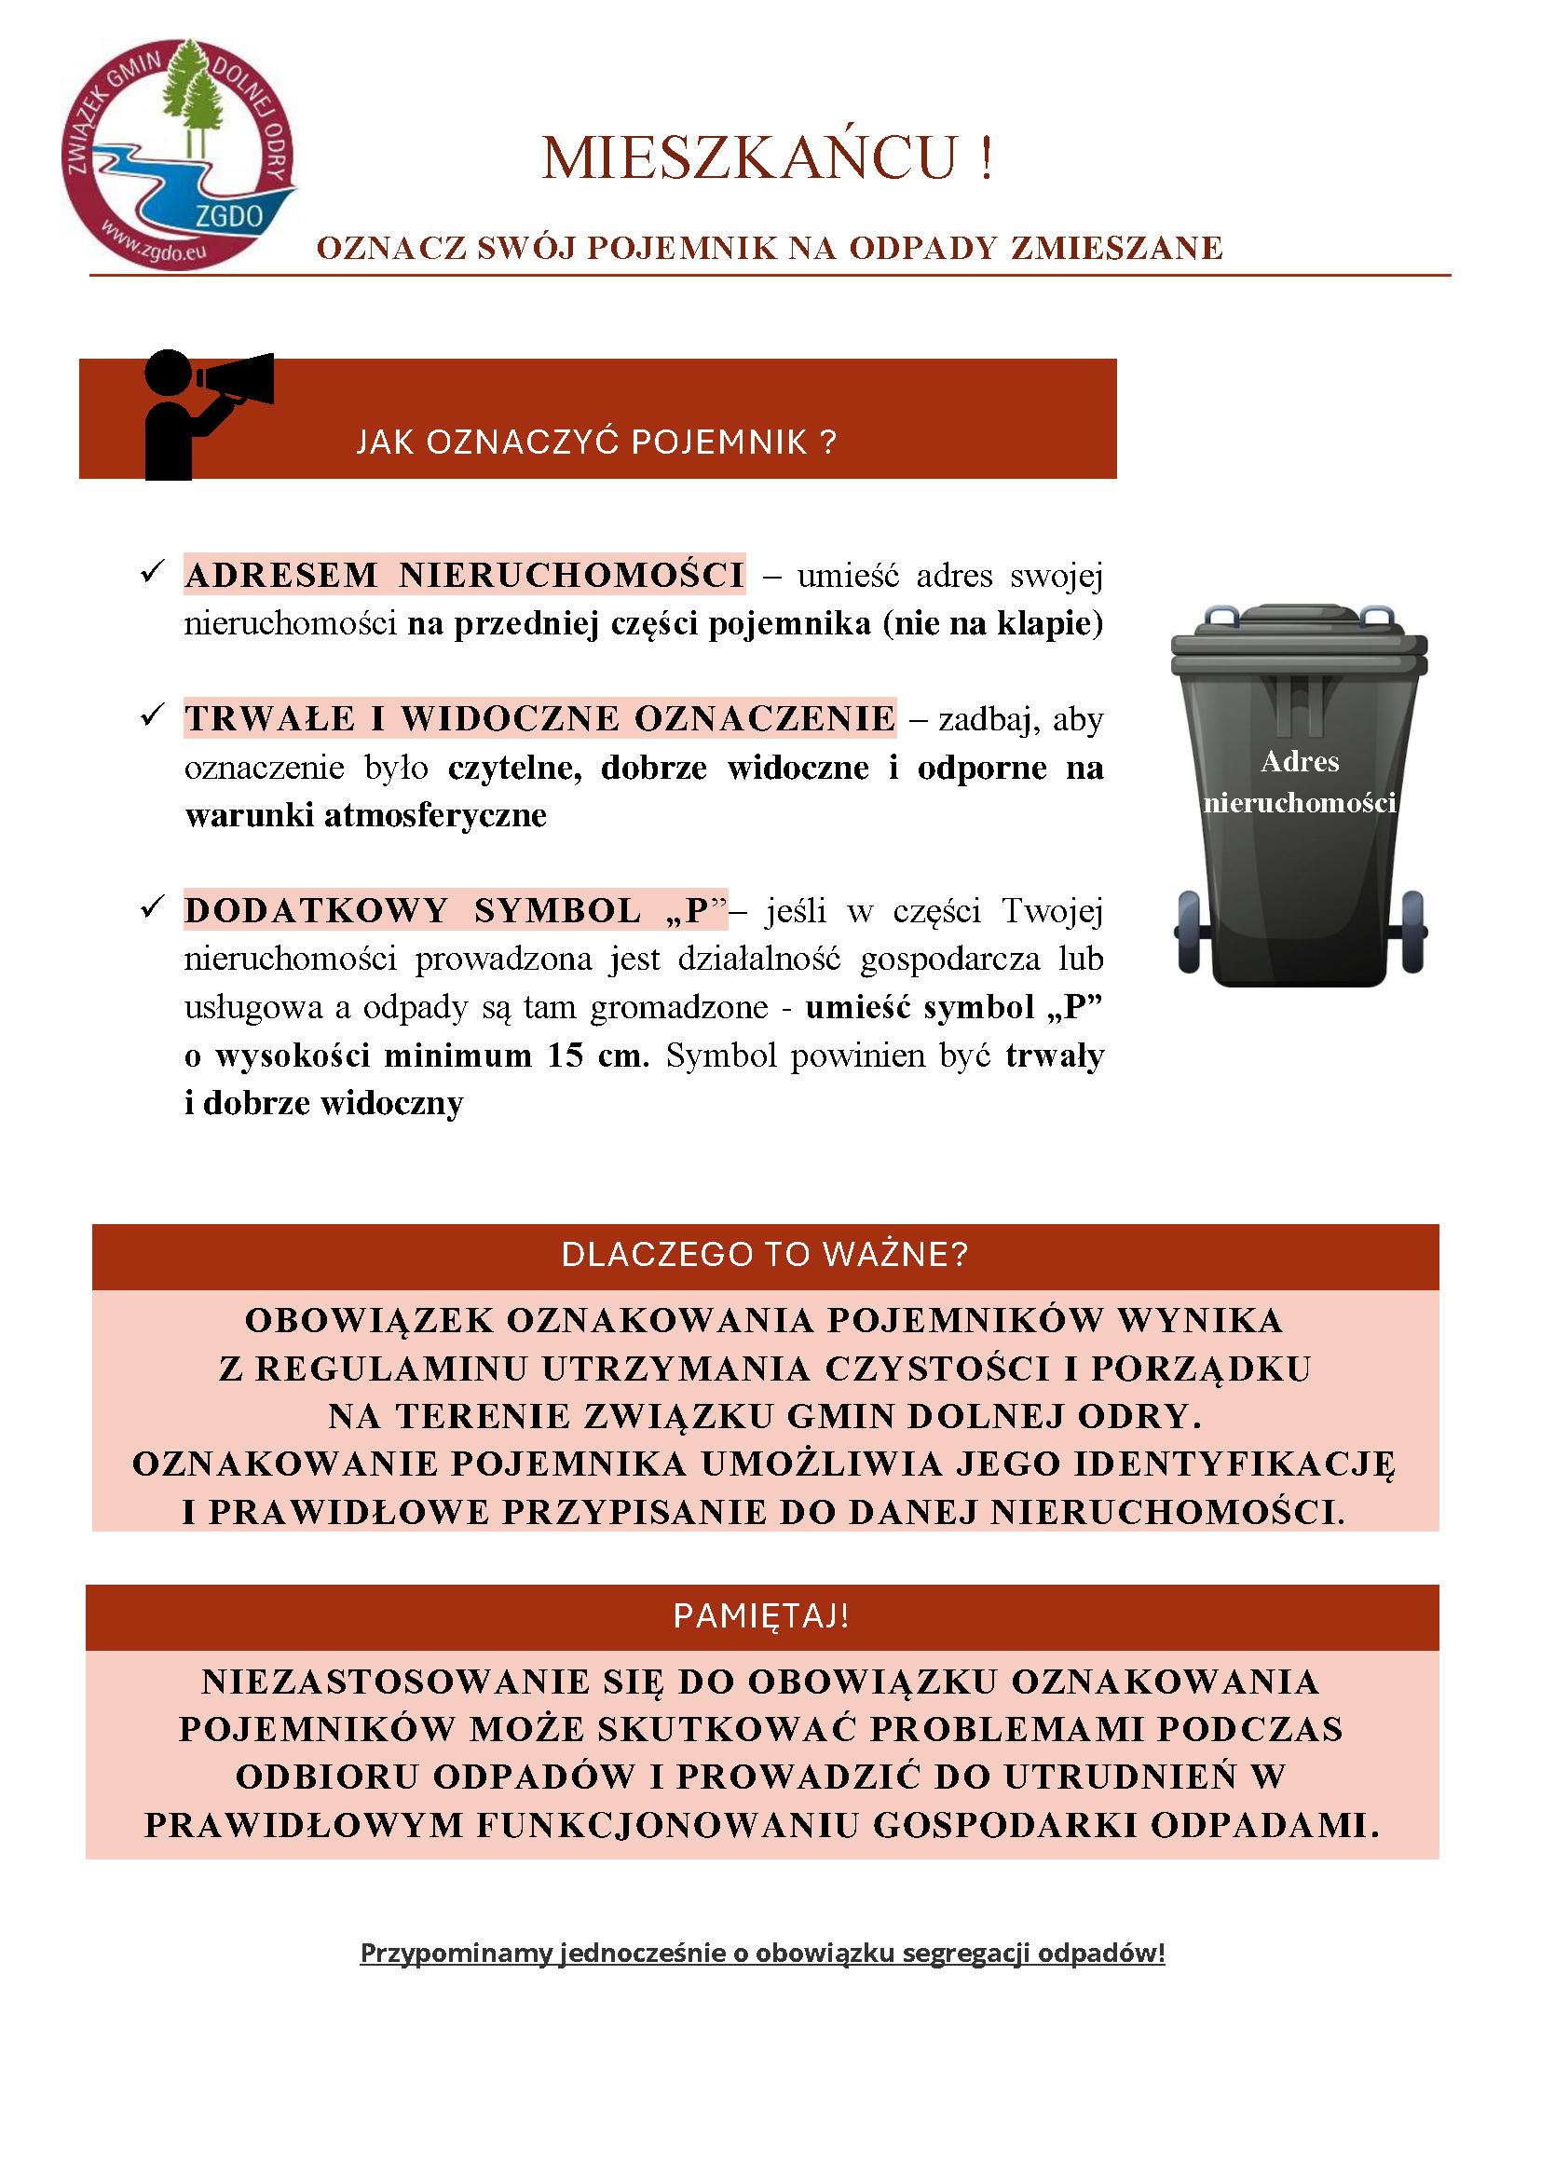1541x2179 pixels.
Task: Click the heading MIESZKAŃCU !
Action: click(768, 158)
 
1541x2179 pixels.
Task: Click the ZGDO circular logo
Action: click(178, 155)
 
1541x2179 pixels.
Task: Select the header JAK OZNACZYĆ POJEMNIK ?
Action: click(597, 443)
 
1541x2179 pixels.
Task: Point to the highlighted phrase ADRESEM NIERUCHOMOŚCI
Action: click(464, 575)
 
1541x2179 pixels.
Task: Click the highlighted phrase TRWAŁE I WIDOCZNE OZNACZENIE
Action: click(539, 718)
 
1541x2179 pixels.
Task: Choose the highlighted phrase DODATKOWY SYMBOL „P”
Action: click(456, 910)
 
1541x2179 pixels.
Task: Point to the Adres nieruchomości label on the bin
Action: click(1299, 782)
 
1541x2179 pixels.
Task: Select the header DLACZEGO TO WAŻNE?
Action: click(764, 1255)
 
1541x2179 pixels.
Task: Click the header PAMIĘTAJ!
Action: click(761, 1615)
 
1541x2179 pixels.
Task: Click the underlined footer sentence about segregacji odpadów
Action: click(762, 1954)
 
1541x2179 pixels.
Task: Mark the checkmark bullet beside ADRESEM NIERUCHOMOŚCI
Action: click(152, 573)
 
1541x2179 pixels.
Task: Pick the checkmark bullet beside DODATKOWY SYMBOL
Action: click(152, 908)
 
